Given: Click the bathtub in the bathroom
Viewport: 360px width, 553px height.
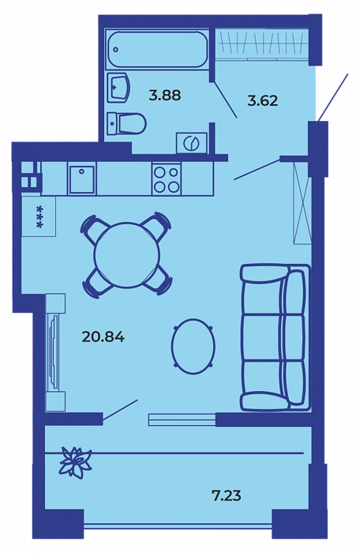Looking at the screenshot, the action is click(157, 49).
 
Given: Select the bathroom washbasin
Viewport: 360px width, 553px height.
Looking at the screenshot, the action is click(118, 87).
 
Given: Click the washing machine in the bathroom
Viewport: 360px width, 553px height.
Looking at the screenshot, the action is click(192, 143).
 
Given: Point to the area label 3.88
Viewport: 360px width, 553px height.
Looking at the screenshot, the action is click(165, 95).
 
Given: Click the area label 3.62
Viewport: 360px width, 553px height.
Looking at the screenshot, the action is click(263, 101).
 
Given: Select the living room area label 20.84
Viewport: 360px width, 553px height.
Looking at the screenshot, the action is click(103, 337).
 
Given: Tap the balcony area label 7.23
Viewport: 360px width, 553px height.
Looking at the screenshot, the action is click(227, 496).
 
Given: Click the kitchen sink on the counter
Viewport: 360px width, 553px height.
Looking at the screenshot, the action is click(82, 179).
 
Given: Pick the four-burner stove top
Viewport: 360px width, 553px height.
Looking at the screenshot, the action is click(166, 179).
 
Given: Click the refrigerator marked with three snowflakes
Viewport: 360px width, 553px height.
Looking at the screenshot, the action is click(39, 216).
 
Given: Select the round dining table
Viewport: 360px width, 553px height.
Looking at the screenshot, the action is click(127, 254).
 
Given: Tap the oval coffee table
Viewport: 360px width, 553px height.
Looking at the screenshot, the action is click(193, 346).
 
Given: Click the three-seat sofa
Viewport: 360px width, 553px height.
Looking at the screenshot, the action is click(276, 337).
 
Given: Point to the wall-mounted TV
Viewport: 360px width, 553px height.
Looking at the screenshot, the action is click(53, 352).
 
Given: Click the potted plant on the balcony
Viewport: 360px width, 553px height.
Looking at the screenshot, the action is click(75, 461).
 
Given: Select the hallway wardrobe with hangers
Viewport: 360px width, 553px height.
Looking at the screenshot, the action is click(261, 43).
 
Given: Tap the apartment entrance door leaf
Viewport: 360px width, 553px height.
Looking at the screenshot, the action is click(333, 97).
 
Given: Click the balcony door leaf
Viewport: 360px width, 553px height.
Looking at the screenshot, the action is click(120, 410).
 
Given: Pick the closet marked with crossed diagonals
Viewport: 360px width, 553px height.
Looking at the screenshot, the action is click(302, 203).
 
